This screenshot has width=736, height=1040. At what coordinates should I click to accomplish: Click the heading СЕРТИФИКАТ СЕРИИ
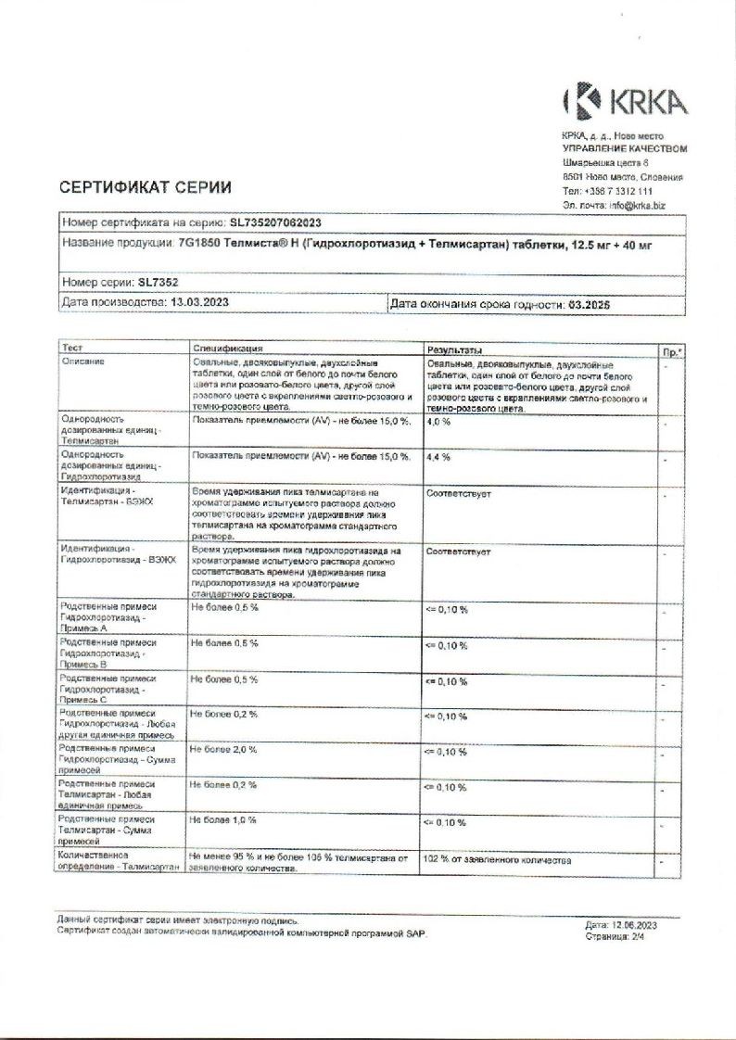pos(145,187)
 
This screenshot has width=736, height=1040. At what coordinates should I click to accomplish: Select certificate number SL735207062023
pos(276,223)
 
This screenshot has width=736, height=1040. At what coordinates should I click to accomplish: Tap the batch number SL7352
pos(158,281)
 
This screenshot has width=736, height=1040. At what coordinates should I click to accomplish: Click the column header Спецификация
pos(228,349)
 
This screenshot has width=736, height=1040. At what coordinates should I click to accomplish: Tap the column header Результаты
pos(453,349)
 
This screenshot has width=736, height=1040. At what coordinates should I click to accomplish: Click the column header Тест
pos(72,349)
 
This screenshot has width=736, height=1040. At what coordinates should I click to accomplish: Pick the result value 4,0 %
pos(438,422)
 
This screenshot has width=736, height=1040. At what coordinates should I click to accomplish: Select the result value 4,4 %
pos(438,457)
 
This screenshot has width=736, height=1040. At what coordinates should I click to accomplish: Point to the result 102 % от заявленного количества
pos(498,861)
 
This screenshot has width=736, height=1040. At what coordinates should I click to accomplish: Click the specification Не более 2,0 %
pos(223,749)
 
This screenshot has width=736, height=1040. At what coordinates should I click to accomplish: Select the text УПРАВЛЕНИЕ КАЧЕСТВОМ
pos(625,149)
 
